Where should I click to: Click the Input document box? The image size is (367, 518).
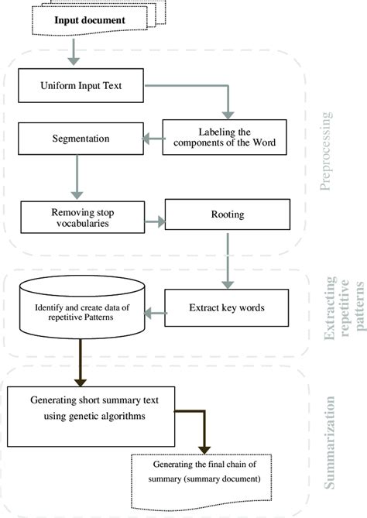[x=91, y=19]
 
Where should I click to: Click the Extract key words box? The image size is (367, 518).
[x=227, y=307]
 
